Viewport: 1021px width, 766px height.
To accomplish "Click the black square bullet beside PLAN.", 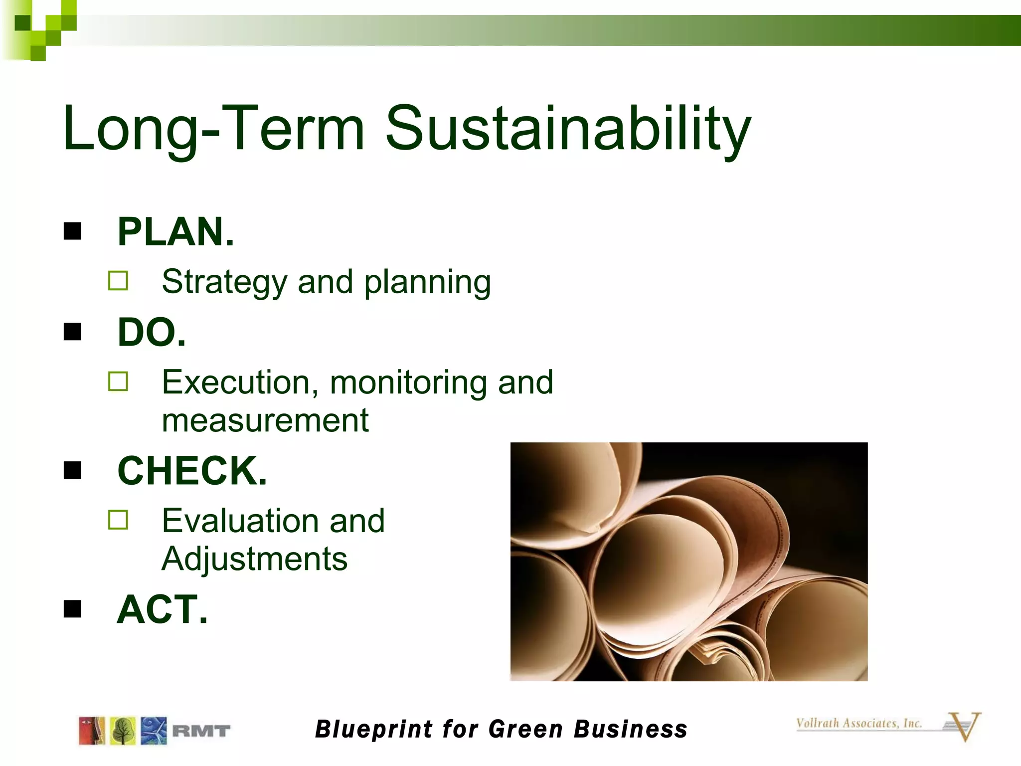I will [73, 231].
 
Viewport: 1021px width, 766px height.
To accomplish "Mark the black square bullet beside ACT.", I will [73, 608].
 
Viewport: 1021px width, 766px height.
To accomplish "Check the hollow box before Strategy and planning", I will [118, 281].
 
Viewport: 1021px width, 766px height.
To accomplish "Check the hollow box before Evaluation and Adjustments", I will [118, 520].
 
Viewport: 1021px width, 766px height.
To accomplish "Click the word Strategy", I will [224, 283].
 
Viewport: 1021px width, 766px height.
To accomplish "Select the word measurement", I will [265, 420].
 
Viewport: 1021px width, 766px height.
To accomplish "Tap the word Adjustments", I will [254, 559].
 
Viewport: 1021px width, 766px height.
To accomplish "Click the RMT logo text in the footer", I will [201, 731].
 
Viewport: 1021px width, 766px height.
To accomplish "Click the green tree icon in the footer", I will [123, 731].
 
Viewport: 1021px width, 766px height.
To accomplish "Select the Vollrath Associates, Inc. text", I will [858, 723].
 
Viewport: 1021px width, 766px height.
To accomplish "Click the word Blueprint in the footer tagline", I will [374, 729].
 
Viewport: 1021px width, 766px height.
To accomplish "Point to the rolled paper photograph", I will [688, 562].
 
